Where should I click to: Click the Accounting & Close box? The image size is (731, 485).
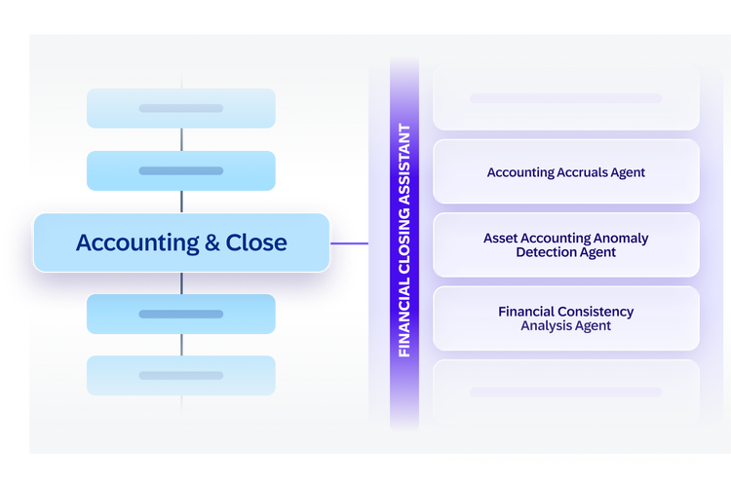(x=181, y=242)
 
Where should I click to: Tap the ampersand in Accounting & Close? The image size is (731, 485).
(x=212, y=242)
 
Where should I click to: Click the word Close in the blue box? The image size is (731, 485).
(x=256, y=242)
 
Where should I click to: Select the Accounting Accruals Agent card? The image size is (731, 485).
(x=566, y=171)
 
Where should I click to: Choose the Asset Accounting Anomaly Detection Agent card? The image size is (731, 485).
(x=566, y=245)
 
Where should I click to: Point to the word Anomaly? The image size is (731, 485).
(x=624, y=239)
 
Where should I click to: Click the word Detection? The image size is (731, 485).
(x=540, y=252)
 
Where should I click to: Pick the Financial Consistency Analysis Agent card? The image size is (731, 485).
(x=566, y=318)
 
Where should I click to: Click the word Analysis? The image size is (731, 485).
(x=541, y=325)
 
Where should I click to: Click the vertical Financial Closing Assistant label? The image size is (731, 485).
(x=404, y=241)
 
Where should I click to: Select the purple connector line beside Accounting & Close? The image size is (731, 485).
(x=349, y=243)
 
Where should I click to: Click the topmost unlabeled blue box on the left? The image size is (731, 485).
(x=181, y=108)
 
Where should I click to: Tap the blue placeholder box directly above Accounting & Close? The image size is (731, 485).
(x=181, y=170)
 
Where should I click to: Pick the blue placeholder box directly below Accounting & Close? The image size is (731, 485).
(x=181, y=314)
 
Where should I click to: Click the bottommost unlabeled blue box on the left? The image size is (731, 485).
(x=181, y=376)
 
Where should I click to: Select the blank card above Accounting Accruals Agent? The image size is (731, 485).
(x=566, y=98)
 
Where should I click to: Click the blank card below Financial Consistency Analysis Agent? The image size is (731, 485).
(x=566, y=392)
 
